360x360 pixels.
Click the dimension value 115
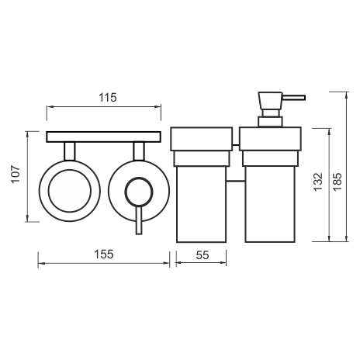click(x=108, y=98)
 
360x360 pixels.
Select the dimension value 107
click(x=16, y=174)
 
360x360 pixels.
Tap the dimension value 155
click(x=103, y=254)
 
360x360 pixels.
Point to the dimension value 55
click(x=202, y=255)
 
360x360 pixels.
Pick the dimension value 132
click(x=318, y=182)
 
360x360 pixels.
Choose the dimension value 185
click(x=337, y=182)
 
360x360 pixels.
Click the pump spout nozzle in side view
click(x=294, y=98)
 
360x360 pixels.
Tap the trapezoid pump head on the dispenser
click(x=270, y=101)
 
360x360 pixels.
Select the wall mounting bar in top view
click(x=104, y=137)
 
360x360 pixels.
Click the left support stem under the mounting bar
click(x=70, y=151)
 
